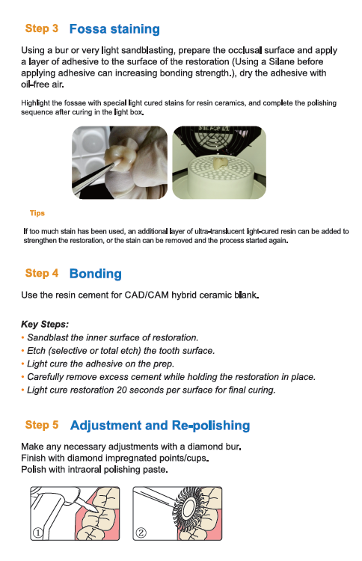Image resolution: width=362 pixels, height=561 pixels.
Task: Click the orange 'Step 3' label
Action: pos(41,28)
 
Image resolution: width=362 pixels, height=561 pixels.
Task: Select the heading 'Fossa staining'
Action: pos(114,29)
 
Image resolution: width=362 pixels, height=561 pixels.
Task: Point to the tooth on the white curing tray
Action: pos(221,163)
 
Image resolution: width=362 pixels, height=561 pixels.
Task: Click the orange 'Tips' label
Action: pos(37,213)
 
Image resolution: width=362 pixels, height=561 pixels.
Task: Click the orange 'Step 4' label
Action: pos(41,273)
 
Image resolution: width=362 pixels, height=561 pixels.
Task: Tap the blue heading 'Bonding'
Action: pos(96,274)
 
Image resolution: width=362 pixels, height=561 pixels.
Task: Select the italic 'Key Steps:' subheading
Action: pos(45,325)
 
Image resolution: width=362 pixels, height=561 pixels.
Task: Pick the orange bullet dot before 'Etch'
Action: pos(23,351)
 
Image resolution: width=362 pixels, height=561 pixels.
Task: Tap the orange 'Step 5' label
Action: pos(41,425)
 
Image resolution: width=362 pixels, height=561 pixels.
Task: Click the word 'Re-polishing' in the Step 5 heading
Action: pos(211,426)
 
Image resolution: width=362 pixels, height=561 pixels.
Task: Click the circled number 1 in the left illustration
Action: pos(37,533)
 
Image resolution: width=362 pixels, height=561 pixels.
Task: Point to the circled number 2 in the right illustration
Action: pos(141,533)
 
